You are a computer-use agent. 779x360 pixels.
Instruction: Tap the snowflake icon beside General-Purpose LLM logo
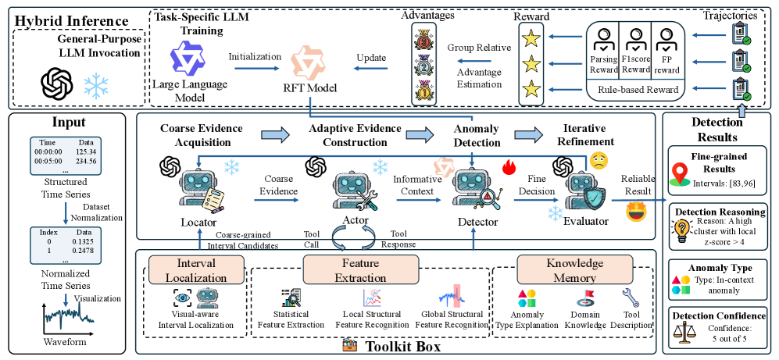coord(97,84)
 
